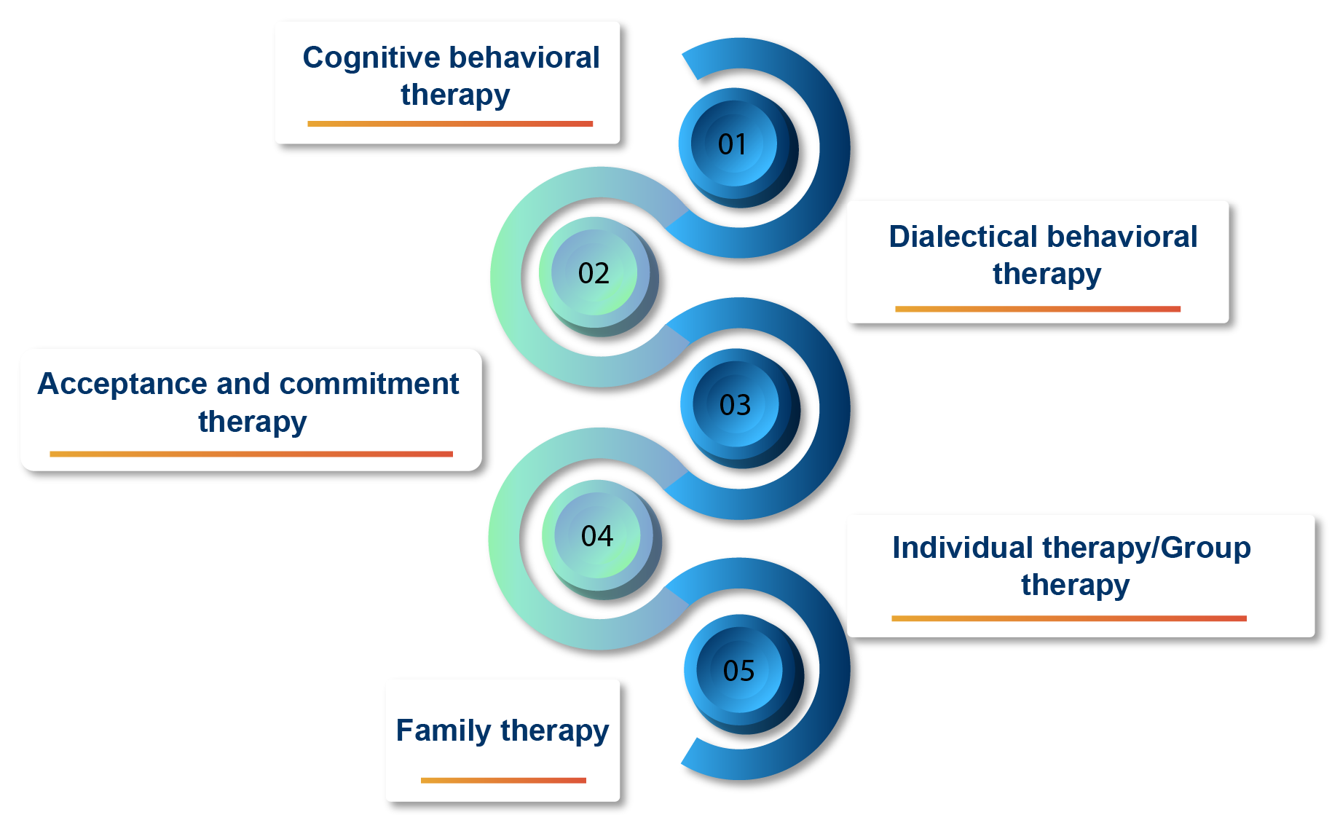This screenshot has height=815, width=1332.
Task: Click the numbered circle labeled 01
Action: click(x=733, y=144)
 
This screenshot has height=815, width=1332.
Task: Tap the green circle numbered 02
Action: click(x=594, y=274)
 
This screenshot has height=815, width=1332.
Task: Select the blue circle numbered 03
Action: click(x=735, y=405)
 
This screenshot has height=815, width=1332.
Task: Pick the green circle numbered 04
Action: click(x=597, y=537)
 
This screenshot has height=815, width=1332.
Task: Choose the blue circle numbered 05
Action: click(x=738, y=671)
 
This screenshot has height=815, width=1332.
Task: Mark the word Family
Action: click(x=444, y=731)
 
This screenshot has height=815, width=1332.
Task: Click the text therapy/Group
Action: click(x=1146, y=548)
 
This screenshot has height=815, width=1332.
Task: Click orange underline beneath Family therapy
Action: click(x=503, y=780)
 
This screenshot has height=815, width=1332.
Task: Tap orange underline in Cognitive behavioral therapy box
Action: click(x=450, y=124)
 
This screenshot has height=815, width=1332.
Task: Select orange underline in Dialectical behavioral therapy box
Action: click(x=1037, y=309)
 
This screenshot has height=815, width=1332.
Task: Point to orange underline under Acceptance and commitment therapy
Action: click(x=251, y=454)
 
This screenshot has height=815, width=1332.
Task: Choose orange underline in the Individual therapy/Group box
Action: click(x=1068, y=618)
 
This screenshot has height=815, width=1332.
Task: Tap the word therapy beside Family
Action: click(x=554, y=731)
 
